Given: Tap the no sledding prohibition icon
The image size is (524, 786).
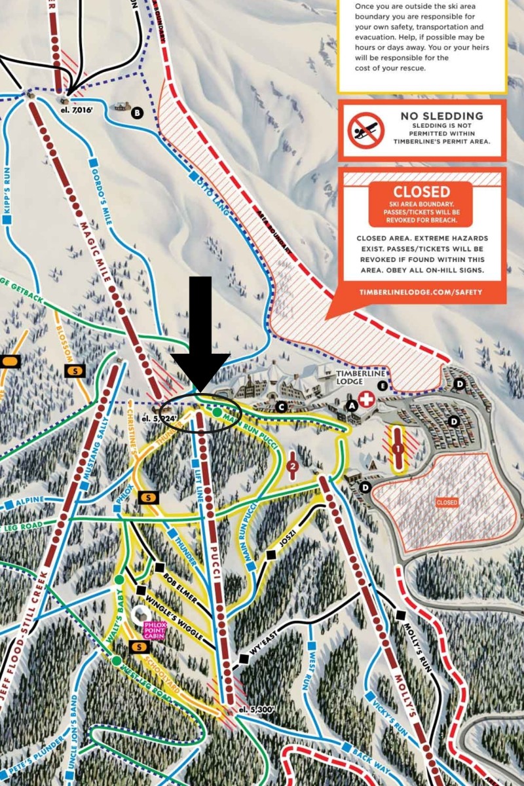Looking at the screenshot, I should pos(365,130).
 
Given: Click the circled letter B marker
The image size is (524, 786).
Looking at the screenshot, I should pos(137,113).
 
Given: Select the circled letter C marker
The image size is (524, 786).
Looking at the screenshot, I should pos(281,407).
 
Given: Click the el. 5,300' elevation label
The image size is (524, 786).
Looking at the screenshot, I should pos(254,709).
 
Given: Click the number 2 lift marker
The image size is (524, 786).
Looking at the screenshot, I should pos(293,466).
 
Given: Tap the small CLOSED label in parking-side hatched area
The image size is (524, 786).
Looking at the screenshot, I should pos(447,502).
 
